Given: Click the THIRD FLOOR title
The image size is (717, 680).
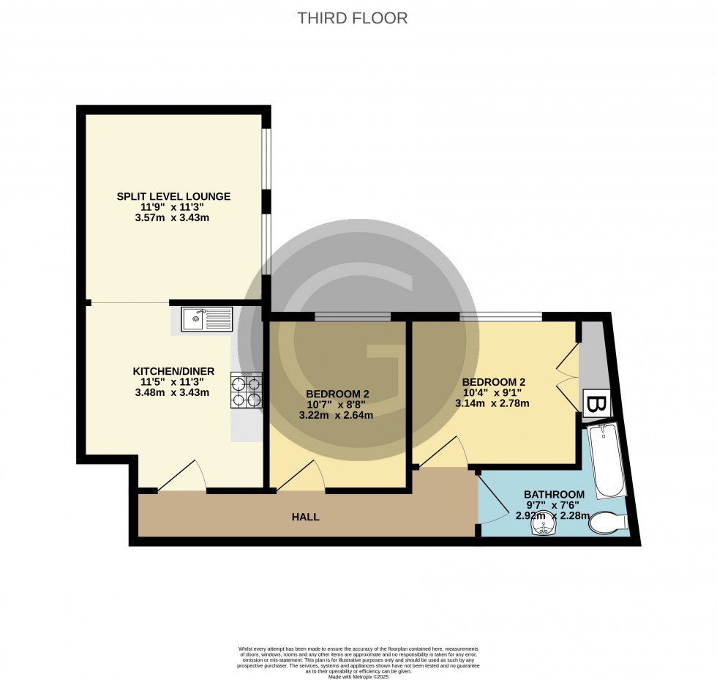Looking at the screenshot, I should pos(353,18).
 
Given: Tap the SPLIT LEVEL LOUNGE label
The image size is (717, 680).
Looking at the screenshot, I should pos(173,196).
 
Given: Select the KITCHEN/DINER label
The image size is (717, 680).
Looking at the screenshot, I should pos(173,371).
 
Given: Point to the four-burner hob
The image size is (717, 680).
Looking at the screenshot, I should pos(247,390).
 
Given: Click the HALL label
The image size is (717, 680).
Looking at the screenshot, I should pos(306,517).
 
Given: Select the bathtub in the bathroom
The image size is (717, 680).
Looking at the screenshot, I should pos(607,460).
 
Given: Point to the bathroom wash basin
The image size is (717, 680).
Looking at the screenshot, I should pos(544,528).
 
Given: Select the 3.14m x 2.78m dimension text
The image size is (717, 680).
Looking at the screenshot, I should pos(492,403).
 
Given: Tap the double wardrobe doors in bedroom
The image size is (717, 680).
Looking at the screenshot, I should pos(567,372).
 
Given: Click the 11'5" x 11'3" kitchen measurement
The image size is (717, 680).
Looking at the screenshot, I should pos(173,381).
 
